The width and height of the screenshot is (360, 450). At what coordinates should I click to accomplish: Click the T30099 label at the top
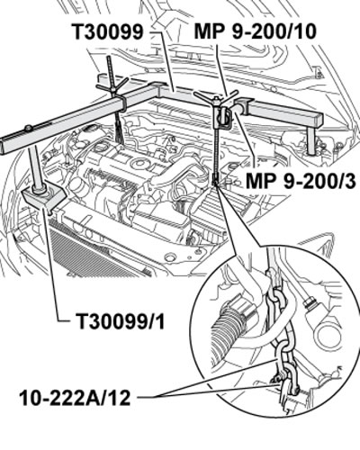(107, 31)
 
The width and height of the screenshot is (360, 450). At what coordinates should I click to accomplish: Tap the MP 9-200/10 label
(255, 31)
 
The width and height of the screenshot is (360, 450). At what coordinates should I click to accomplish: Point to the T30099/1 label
(121, 321)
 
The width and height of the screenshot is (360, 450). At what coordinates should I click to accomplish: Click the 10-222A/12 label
(76, 398)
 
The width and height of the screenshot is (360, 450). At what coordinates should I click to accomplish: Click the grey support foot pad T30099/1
(44, 196)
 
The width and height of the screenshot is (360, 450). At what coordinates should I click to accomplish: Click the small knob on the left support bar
(29, 129)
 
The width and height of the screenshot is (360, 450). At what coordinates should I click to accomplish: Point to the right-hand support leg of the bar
(312, 141)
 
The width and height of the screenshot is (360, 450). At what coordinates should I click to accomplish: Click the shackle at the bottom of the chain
(287, 381)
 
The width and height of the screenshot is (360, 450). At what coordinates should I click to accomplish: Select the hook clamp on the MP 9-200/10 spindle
(222, 120)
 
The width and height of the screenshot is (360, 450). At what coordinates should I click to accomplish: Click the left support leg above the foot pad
(35, 168)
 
